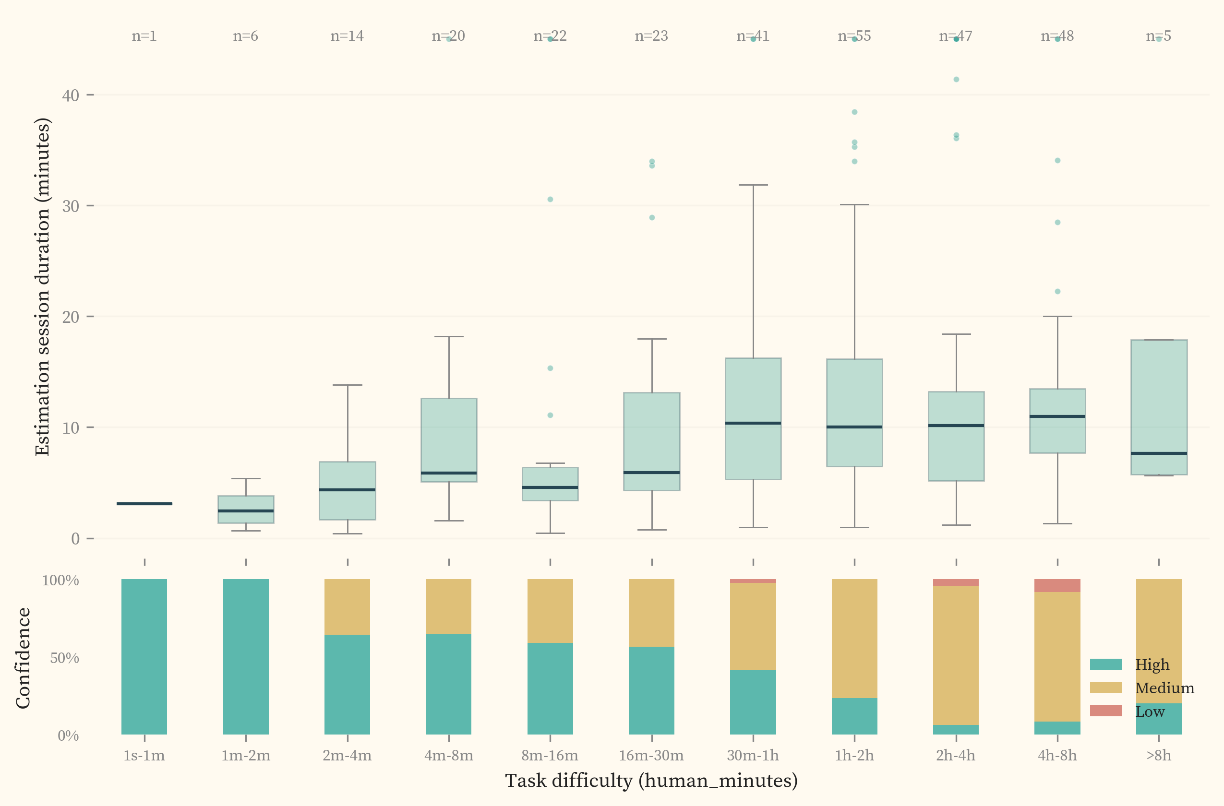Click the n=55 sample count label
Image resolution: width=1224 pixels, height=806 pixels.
pos(854,36)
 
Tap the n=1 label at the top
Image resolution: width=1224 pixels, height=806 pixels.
pos(144,36)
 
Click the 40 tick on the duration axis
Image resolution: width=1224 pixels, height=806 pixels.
pos(71,95)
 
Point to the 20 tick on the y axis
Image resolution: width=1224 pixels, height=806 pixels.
pos(71,317)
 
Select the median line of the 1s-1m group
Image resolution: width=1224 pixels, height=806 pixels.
pos(144,504)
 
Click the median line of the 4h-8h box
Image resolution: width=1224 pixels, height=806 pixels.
pos(1057,416)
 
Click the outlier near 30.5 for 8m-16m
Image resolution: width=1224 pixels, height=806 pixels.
pos(550,200)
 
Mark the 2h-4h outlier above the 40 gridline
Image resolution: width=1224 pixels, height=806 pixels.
pos(956,80)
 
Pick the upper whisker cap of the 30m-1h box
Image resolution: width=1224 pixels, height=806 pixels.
pos(754,185)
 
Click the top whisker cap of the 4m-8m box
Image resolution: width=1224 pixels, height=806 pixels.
pos(449,337)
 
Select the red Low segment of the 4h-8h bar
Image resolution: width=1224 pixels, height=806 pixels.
pos(1057,585)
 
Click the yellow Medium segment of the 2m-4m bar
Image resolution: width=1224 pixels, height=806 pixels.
pos(347,606)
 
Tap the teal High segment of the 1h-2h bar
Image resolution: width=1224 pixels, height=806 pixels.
pos(854,715)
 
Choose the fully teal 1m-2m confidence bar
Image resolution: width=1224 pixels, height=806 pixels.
pos(246,656)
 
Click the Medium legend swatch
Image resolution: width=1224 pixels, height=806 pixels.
pos(1106,688)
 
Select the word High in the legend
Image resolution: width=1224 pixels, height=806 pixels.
pos(1152,664)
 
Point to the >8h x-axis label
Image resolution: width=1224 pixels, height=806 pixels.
pos(1159,756)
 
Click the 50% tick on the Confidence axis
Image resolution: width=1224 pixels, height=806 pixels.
pos(64,658)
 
